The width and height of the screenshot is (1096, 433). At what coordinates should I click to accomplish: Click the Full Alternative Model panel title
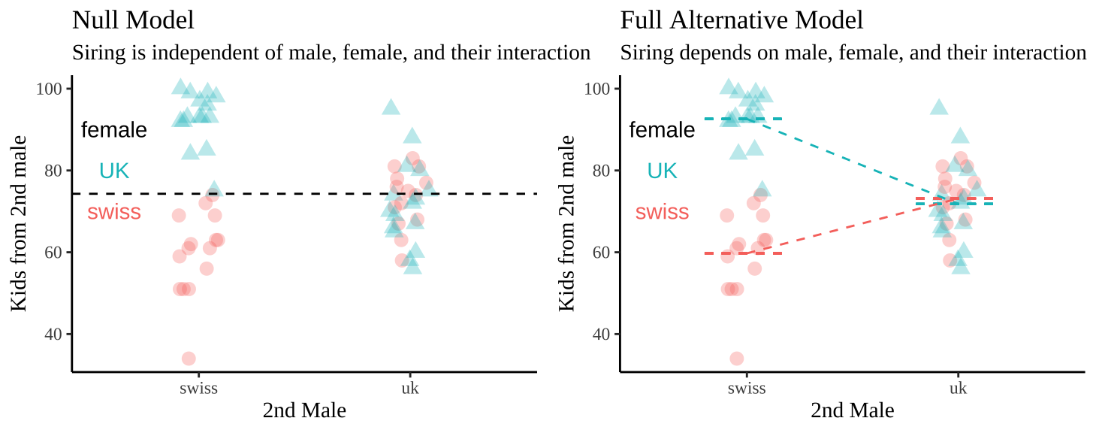(x=741, y=20)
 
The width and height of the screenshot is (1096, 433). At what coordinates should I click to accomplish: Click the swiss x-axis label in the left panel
(x=199, y=389)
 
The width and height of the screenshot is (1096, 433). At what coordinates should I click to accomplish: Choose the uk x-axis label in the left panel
(x=411, y=389)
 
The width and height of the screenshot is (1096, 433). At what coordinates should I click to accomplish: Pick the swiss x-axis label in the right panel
(x=747, y=389)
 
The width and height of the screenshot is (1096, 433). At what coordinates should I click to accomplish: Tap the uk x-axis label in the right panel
(x=959, y=389)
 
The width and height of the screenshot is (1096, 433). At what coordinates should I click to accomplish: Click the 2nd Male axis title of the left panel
(x=304, y=411)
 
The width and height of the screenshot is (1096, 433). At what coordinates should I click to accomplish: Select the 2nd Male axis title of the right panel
(x=853, y=411)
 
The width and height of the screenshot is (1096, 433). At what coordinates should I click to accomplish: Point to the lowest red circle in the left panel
(x=189, y=359)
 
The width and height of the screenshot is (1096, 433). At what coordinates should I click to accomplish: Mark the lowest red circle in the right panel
(x=737, y=359)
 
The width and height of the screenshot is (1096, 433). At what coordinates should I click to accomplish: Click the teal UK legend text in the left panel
(x=114, y=171)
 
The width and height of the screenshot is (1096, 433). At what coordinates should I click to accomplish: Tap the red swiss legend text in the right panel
(x=662, y=212)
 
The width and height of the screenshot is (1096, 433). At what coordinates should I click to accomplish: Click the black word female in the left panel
(x=113, y=130)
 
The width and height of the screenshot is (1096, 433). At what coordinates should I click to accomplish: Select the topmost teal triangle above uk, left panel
(x=391, y=107)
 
